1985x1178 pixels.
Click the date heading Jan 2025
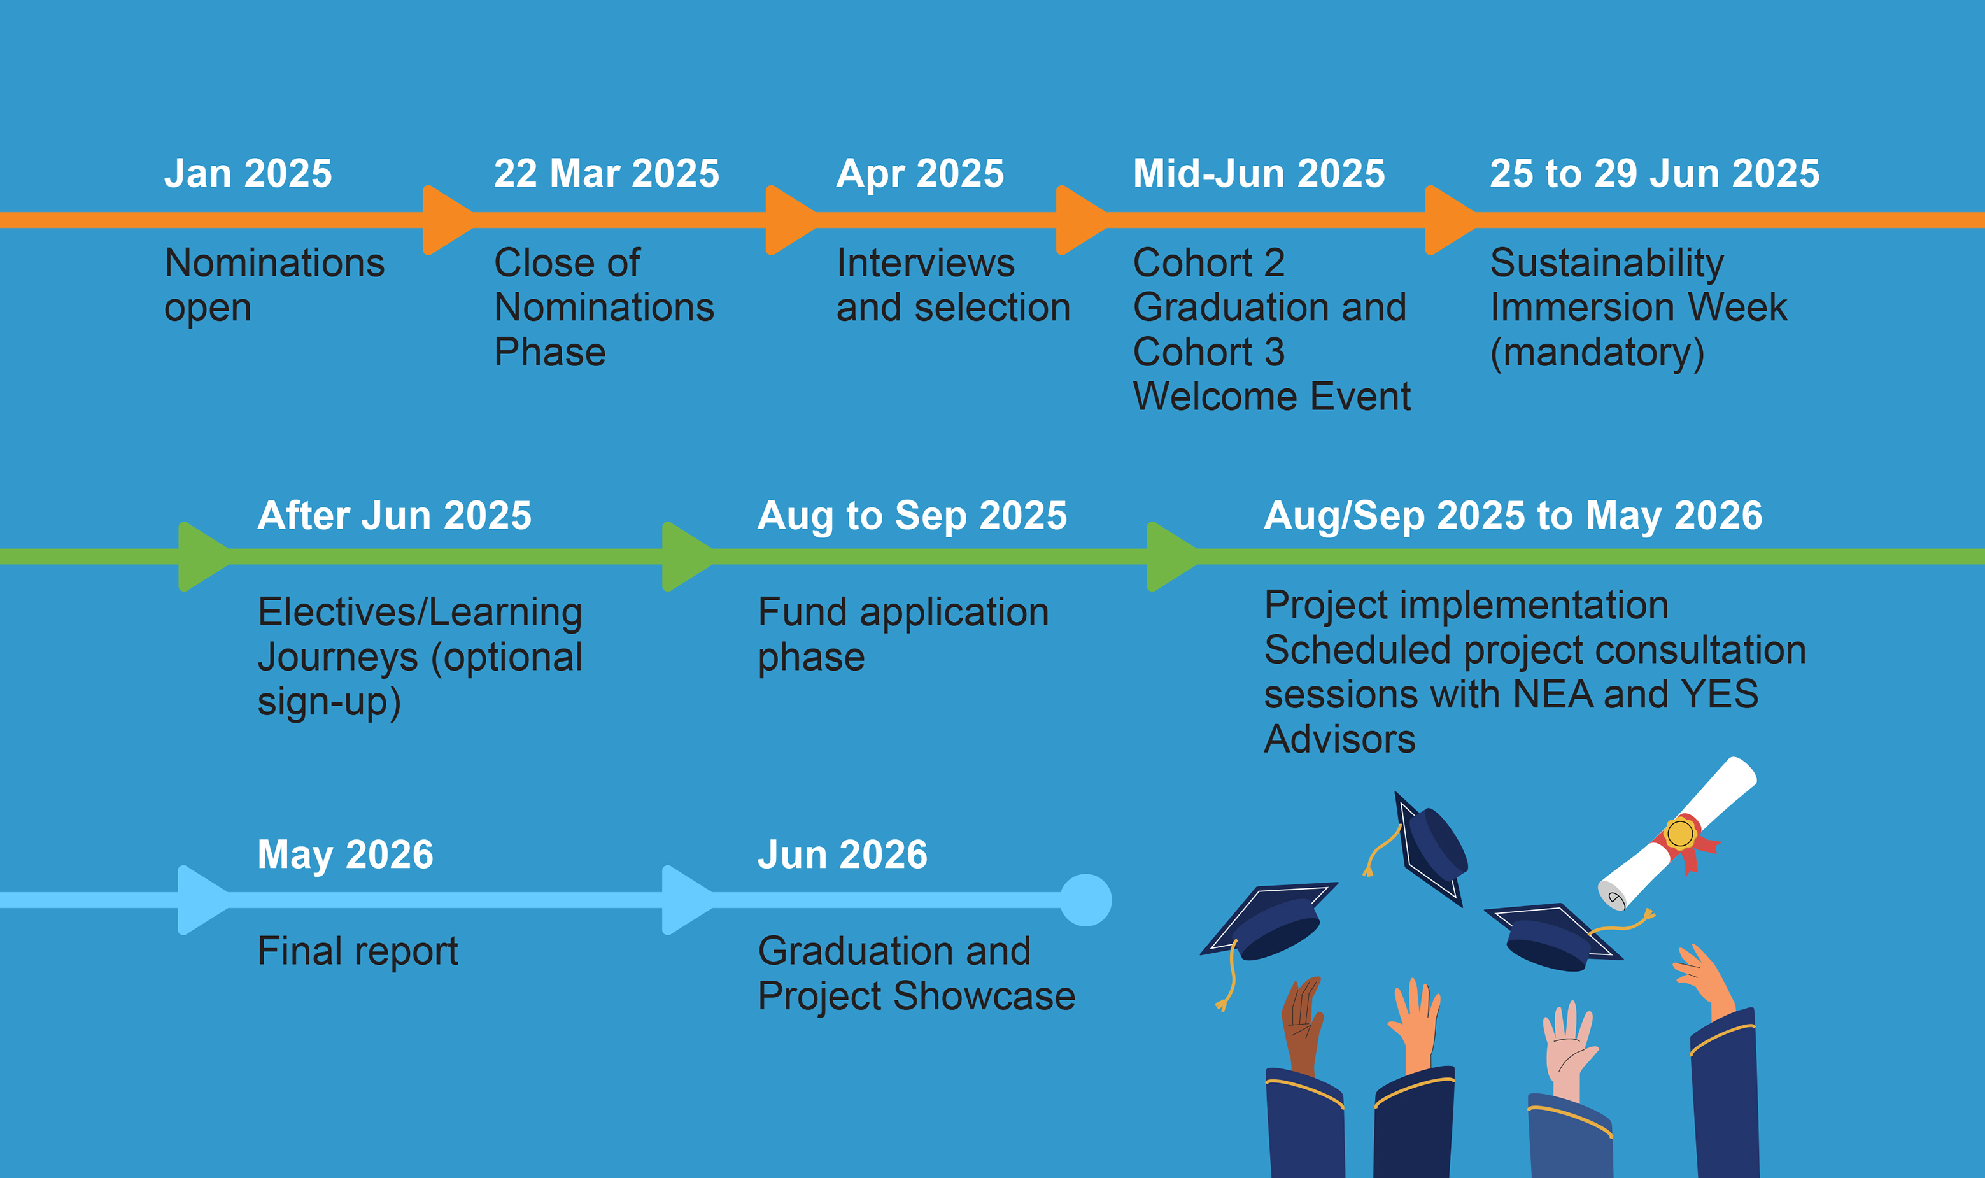pos(248,173)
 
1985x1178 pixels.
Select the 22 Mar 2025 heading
pos(606,173)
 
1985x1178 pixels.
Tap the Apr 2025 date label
pos(920,174)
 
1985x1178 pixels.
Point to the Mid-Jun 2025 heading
pos(1259,173)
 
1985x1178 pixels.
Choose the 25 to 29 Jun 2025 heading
pos(1655,173)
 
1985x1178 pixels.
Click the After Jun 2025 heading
pos(395,515)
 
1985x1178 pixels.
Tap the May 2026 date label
pos(345,856)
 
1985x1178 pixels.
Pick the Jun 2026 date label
pos(842,855)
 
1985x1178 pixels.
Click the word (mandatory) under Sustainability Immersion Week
pos(1597,353)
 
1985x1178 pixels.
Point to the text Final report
pos(358,951)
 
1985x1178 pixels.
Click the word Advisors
pos(1339,739)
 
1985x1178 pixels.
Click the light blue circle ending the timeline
pos(1085,900)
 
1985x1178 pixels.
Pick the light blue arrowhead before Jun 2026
pos(688,900)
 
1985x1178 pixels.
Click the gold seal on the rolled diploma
pos(1679,834)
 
